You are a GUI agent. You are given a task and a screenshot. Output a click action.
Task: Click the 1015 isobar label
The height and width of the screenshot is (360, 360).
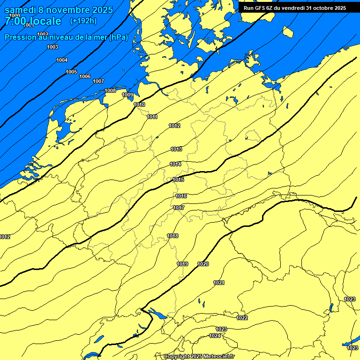(178, 180)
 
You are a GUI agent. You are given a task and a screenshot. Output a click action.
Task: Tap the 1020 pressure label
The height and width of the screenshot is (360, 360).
(203, 264)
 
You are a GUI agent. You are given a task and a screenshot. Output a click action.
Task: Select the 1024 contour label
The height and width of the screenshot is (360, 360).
(215, 336)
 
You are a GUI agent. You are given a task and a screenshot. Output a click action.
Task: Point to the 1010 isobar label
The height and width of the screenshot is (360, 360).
(139, 105)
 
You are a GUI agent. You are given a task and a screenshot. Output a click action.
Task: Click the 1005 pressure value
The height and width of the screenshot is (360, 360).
(71, 72)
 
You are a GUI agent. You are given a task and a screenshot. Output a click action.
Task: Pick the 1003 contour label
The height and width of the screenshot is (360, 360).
(52, 47)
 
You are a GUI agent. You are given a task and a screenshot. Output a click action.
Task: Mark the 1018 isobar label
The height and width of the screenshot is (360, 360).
(172, 236)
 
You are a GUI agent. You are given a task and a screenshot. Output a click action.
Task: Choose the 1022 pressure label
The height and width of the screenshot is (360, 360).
(242, 318)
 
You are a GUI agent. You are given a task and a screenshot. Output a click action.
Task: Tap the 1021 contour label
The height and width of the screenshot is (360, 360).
(219, 283)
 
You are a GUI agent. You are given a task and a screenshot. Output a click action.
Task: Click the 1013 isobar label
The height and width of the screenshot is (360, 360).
(176, 150)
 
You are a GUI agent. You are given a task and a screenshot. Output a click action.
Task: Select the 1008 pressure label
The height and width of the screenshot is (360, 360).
(110, 90)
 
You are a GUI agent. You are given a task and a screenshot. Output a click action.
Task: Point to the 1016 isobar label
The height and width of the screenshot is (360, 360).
(181, 196)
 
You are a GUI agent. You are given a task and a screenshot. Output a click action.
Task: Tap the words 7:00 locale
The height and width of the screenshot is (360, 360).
(33, 21)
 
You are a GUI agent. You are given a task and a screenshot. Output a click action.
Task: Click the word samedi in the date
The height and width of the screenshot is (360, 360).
(21, 9)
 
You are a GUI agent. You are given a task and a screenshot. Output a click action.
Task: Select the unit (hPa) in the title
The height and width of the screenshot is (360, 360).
(118, 37)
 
